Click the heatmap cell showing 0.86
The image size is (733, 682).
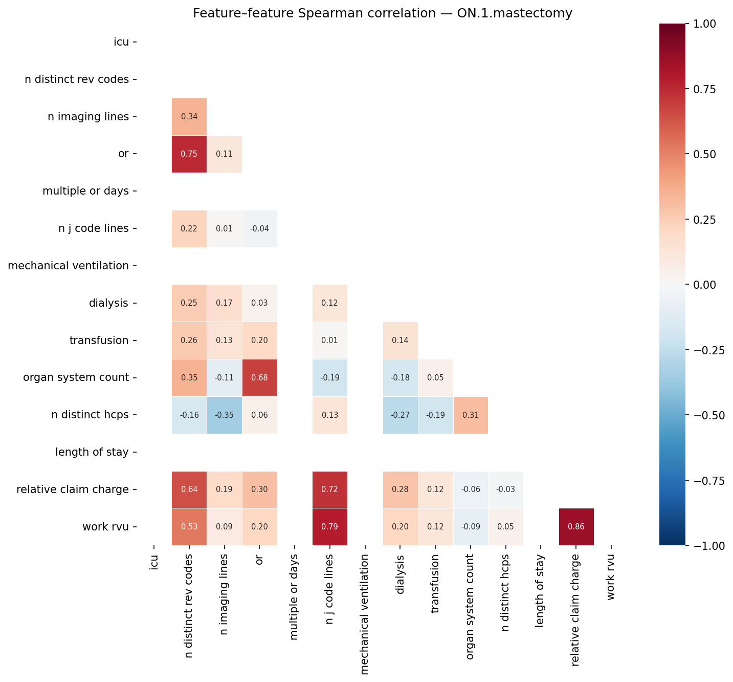coord(576,526)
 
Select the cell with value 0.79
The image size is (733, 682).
coord(329,526)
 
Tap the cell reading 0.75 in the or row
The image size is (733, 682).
coord(189,154)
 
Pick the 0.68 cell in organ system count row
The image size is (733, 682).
coord(259,377)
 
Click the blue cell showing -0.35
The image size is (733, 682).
coord(224,415)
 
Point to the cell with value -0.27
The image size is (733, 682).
coord(400,415)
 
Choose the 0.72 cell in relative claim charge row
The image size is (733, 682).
coord(329,489)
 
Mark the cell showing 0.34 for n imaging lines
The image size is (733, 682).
coord(189,116)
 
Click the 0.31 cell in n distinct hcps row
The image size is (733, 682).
coord(471,415)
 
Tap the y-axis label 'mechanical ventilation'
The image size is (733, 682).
coord(69,266)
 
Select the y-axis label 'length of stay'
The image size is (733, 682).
coord(92,452)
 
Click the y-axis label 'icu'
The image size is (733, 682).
coord(121,42)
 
